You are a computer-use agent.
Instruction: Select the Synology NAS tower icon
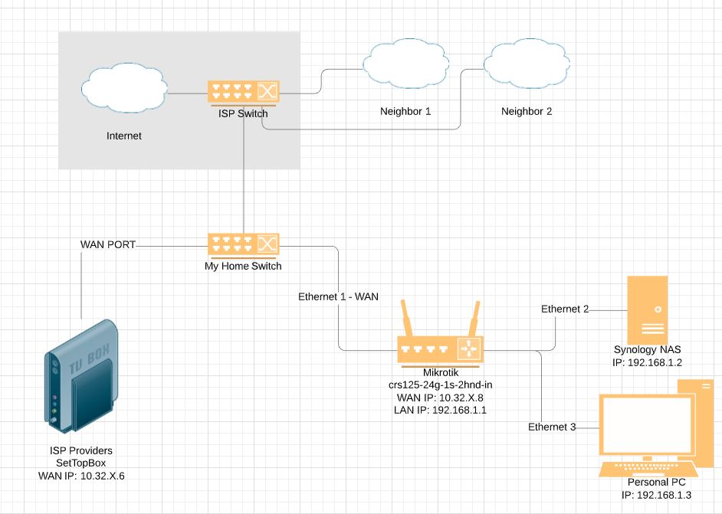tap(647, 310)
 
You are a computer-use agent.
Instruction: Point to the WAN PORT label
tap(108, 245)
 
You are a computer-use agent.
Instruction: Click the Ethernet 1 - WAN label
tap(338, 296)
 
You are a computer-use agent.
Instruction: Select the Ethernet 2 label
tap(565, 309)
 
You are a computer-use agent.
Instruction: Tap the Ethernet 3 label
tap(552, 427)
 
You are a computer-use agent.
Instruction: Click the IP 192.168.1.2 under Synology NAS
tap(647, 363)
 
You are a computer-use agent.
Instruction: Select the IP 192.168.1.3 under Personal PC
tap(656, 496)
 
